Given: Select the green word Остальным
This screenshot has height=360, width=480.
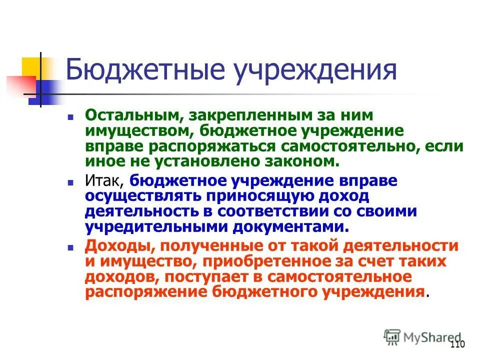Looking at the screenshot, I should click(x=132, y=116).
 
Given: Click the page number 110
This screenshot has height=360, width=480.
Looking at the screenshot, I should click(x=457, y=344).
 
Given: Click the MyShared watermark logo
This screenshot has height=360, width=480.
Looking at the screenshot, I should click(x=422, y=337).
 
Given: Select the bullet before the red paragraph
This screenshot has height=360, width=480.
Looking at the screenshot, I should click(x=70, y=247).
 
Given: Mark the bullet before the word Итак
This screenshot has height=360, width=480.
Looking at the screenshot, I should click(x=70, y=182).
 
